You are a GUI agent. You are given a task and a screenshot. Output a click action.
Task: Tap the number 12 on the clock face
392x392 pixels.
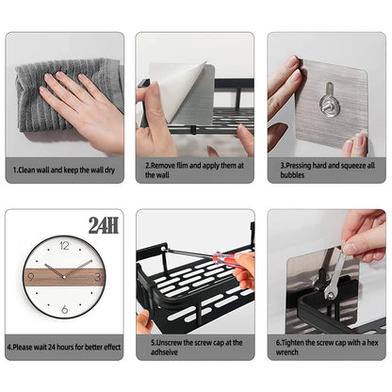[x=64, y=246]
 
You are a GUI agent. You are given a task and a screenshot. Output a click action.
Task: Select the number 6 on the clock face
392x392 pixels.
[x=64, y=309]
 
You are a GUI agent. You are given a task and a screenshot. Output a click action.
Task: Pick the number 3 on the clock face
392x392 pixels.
[x=96, y=277]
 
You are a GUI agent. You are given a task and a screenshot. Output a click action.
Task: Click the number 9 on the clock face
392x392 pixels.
[x=33, y=277]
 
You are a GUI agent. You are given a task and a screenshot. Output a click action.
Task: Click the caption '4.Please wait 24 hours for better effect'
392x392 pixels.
[x=63, y=346]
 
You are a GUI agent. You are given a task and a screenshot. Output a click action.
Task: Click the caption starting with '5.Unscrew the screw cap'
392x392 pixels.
[x=193, y=348]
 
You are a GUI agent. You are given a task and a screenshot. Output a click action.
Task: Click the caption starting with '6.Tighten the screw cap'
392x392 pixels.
[x=326, y=348]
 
